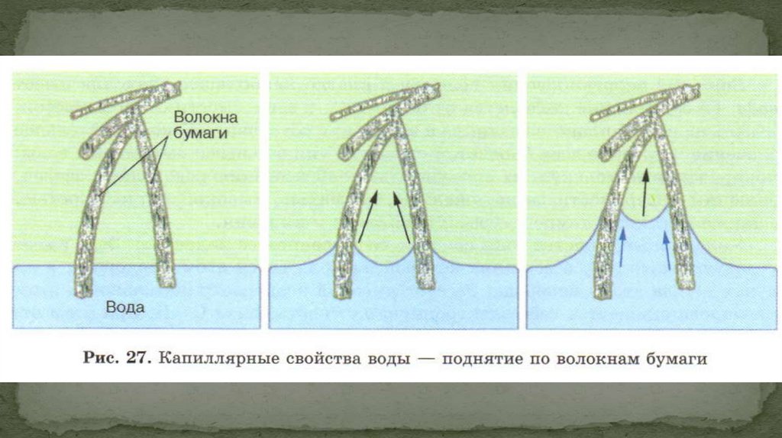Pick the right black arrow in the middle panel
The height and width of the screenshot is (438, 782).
402,217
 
